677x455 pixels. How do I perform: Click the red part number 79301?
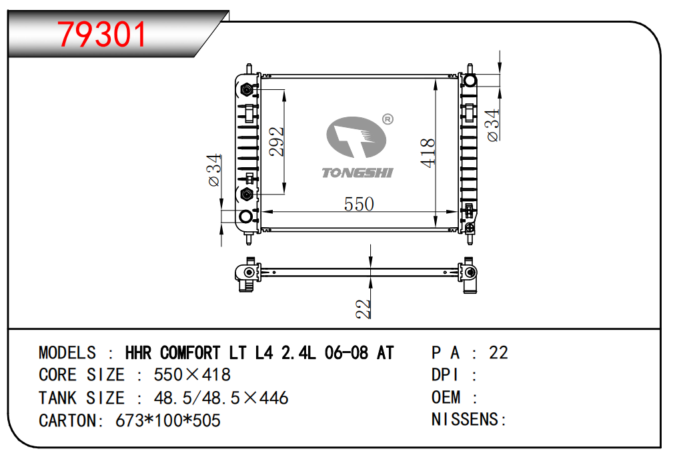(102, 35)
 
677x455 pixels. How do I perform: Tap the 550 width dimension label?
(359, 204)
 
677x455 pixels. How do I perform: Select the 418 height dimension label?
(428, 153)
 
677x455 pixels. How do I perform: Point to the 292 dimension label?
(276, 141)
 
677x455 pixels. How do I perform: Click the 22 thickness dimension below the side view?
(363, 309)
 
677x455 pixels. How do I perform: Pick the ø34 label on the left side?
(214, 171)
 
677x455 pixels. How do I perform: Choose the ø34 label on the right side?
(493, 125)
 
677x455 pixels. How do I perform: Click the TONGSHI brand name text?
(358, 173)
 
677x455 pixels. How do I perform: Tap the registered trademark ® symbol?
(388, 119)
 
